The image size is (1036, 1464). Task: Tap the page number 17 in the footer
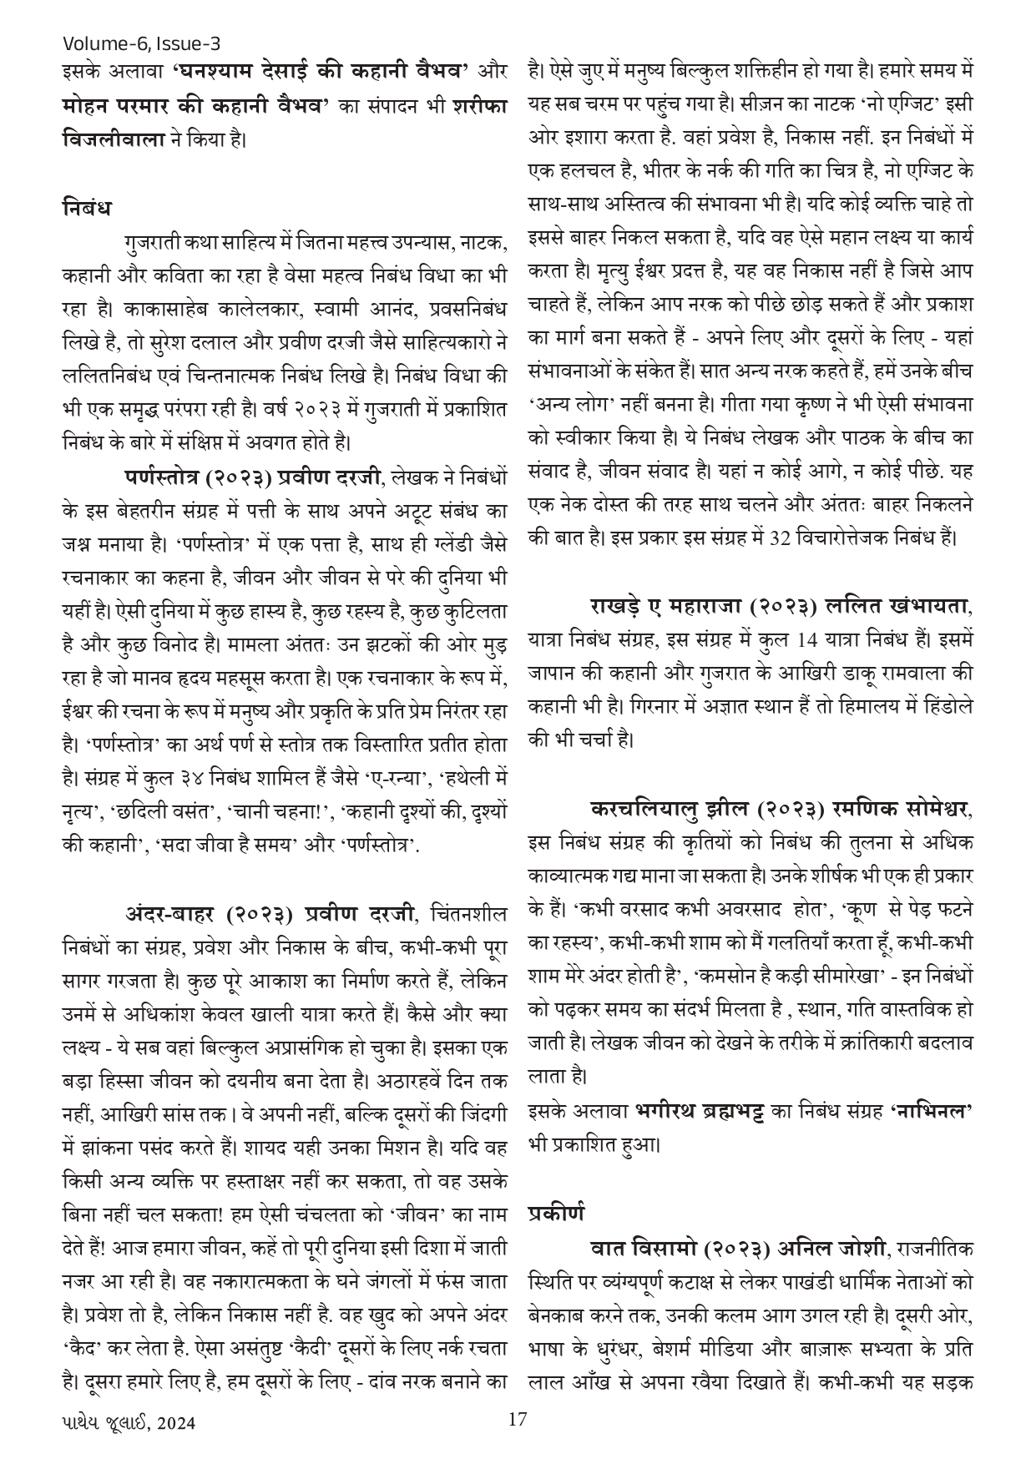coord(518,1420)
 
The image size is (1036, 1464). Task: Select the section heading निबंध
coord(87,206)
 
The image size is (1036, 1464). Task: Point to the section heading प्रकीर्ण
coord(555,1211)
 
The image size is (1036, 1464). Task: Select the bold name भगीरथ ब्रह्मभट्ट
coord(710,1111)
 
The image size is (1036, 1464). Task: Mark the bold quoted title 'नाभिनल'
coord(933,1111)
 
